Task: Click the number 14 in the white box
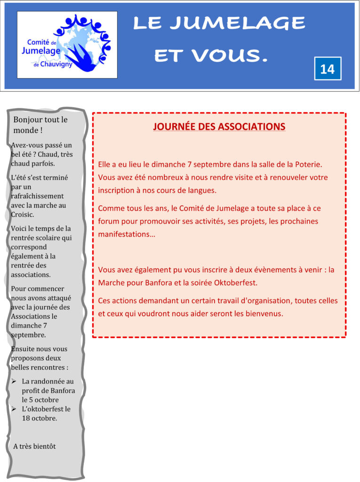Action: [x=327, y=69]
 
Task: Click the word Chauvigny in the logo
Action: [x=56, y=64]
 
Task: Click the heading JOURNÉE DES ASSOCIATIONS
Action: [x=219, y=127]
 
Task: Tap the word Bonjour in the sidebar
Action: [x=29, y=120]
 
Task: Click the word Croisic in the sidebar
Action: [x=22, y=214]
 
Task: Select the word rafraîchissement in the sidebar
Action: [x=37, y=196]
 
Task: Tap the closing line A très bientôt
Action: [x=34, y=446]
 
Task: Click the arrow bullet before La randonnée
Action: [x=14, y=381]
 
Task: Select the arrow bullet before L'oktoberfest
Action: [x=14, y=409]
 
